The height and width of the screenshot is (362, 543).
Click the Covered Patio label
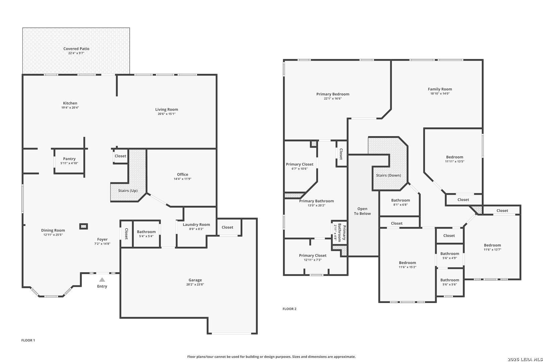76,49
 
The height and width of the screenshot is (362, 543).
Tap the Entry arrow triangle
102,280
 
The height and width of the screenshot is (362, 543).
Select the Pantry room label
69,159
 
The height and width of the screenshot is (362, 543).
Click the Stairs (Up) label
128,191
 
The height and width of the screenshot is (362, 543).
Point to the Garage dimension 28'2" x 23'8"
195,285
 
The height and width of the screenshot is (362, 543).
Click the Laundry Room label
196,225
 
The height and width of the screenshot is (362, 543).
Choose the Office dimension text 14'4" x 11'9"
182,179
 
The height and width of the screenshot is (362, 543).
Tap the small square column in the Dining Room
83,226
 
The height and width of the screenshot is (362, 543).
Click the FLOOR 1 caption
28,340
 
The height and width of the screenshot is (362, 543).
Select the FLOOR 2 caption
290,309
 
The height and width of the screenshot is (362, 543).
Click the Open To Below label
362,211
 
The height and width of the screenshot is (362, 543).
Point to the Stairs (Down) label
388,175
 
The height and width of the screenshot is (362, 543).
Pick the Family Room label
440,89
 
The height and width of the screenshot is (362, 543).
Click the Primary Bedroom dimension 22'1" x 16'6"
333,99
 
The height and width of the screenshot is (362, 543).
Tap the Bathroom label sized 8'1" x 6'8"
401,200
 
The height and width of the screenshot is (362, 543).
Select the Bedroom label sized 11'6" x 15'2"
407,263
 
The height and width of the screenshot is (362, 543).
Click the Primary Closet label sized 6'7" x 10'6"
300,164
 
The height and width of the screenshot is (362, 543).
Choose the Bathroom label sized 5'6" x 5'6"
449,280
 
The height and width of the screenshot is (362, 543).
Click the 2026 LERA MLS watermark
525,359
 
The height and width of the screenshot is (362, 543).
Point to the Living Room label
167,110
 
